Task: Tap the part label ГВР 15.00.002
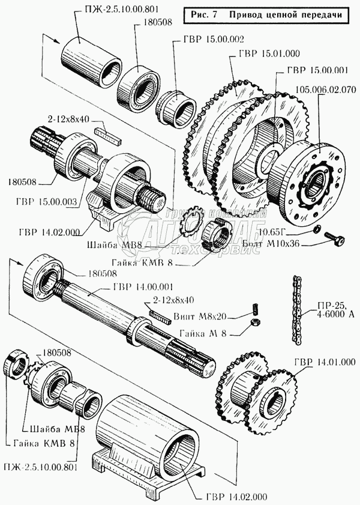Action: click(x=202, y=40)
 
